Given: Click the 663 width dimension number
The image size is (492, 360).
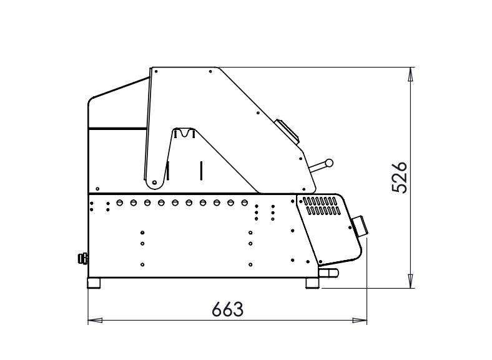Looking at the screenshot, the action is coord(227,309).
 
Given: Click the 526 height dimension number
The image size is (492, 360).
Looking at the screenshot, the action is coord(400,177).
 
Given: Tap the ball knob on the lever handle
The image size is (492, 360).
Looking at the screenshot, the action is coord(329,163).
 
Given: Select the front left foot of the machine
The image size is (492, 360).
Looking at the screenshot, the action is coord(94,282).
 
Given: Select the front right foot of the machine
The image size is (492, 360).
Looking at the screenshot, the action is coord(312,282).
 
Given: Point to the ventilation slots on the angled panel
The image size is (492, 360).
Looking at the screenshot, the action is coord(322,206).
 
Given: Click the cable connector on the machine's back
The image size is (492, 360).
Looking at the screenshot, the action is coord(82,259).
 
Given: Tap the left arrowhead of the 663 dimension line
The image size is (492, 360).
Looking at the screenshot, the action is coord(95,321).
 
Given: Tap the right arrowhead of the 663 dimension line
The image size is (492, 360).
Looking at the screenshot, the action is coord(360,321).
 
